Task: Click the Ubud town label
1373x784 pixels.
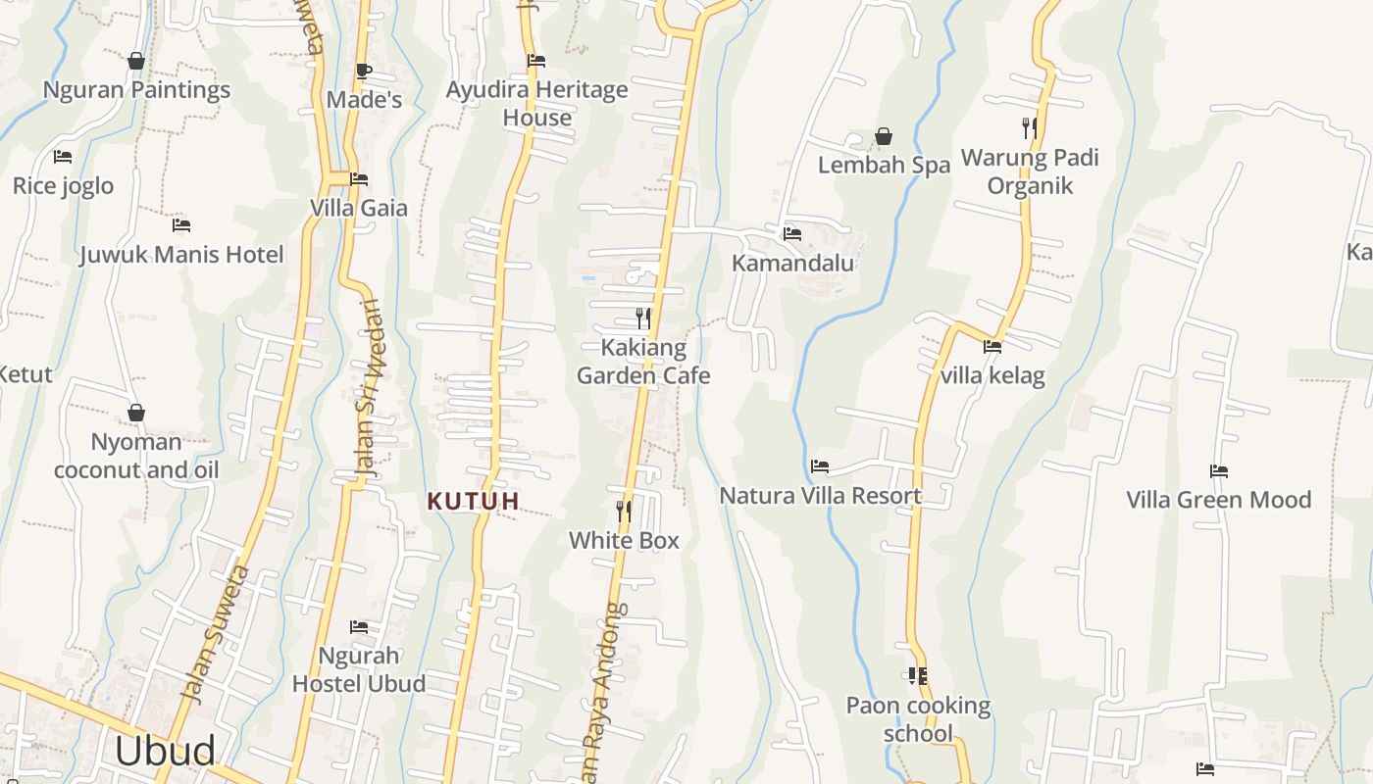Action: tap(165, 751)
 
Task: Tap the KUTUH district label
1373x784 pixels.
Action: tap(473, 501)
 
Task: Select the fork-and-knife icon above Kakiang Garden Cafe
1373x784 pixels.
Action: tap(643, 318)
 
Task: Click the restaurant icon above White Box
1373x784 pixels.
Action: tap(623, 511)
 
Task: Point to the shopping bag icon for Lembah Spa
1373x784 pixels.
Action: tap(884, 136)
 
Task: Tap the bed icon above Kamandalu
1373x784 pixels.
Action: tap(792, 233)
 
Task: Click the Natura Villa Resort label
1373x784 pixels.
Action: tap(821, 496)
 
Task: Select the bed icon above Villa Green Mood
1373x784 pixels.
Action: tap(1219, 471)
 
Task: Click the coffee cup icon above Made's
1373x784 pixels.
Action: tap(363, 71)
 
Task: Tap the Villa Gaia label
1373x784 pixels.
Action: tap(359, 208)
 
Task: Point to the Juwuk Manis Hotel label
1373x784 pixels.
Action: tap(181, 255)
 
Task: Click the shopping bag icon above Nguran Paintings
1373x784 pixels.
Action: tap(136, 61)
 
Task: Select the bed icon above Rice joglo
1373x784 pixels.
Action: tap(63, 157)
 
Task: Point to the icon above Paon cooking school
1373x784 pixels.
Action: tap(918, 675)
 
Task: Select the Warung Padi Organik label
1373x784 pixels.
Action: tap(1030, 171)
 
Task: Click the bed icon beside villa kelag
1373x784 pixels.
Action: tap(992, 346)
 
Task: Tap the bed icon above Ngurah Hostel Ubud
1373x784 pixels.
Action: tap(359, 626)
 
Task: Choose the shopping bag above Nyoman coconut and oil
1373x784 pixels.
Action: tap(136, 413)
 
